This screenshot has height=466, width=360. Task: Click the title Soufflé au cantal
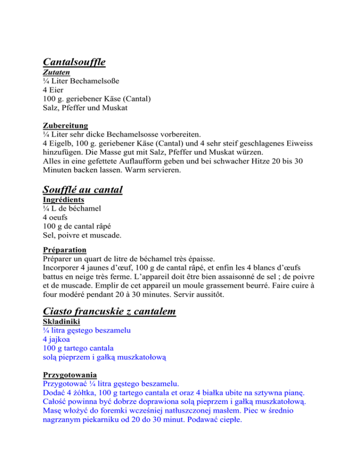click(82, 190)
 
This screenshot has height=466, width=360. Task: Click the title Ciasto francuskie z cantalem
click(109, 311)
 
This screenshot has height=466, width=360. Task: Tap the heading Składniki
click(61, 322)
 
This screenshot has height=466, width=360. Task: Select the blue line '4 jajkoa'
click(57, 339)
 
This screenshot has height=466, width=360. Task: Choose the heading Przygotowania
click(69, 376)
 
